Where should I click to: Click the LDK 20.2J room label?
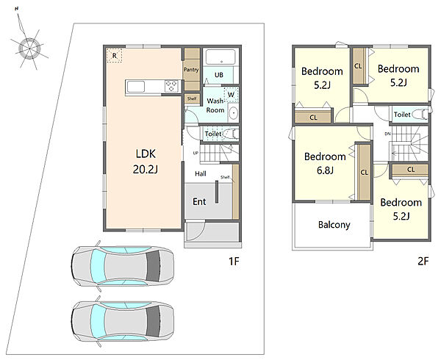pyautogui.click(x=146, y=162)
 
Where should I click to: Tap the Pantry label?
pyautogui.click(x=191, y=69)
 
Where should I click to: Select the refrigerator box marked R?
pyautogui.click(x=114, y=56)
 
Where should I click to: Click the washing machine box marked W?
pyautogui.click(x=232, y=95)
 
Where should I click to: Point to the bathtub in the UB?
pyautogui.click(x=220, y=57)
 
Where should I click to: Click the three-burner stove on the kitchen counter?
pyautogui.click(x=171, y=86)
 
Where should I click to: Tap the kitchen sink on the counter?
pyautogui.click(x=136, y=87)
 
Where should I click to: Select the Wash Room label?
pyautogui.click(x=215, y=105)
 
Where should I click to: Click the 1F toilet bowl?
pyautogui.click(x=232, y=134)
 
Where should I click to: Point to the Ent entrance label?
pyautogui.click(x=199, y=201)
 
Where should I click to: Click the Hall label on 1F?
pyautogui.click(x=201, y=173)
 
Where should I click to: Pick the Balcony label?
pyautogui.click(x=334, y=225)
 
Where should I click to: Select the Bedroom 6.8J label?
pyautogui.click(x=325, y=163)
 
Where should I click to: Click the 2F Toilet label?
pyautogui.click(x=402, y=115)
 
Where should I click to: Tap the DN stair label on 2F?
pyautogui.click(x=387, y=134)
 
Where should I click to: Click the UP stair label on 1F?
pyautogui.click(x=196, y=153)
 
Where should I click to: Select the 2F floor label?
pyautogui.click(x=423, y=262)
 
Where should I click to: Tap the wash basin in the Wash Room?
pyautogui.click(x=233, y=113)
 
